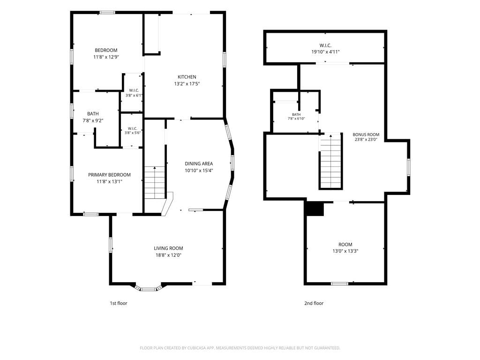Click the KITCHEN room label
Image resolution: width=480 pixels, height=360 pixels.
click(x=187, y=77)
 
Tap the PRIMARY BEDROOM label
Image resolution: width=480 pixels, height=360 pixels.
click(x=109, y=175)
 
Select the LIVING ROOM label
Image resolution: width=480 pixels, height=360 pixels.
click(x=168, y=248)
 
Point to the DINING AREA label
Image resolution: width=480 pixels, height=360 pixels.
click(x=199, y=164)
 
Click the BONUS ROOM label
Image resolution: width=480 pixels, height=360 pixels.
click(x=366, y=135)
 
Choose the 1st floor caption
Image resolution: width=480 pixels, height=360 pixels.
click(x=119, y=303)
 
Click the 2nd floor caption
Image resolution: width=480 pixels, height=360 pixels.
click(x=314, y=303)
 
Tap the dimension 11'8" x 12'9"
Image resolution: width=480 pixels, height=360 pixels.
click(x=106, y=57)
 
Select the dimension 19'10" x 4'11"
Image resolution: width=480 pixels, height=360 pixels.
click(x=325, y=52)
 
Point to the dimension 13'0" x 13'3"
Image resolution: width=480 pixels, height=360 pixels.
click(x=345, y=251)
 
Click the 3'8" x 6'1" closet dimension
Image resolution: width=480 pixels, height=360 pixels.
click(x=134, y=95)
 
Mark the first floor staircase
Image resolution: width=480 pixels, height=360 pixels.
click(x=155, y=183)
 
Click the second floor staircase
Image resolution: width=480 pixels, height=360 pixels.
click(x=330, y=162)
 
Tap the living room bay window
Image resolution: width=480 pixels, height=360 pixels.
click(x=148, y=289)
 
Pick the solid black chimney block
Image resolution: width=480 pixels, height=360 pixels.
click(x=315, y=209)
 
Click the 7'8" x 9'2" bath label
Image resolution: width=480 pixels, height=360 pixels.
click(x=93, y=117)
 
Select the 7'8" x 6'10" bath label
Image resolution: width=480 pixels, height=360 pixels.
click(x=296, y=117)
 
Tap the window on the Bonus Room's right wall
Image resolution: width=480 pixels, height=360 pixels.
click(x=408, y=167)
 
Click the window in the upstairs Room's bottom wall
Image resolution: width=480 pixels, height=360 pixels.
click(x=339, y=284)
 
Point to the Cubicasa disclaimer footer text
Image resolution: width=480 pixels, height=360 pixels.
click(x=240, y=348)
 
